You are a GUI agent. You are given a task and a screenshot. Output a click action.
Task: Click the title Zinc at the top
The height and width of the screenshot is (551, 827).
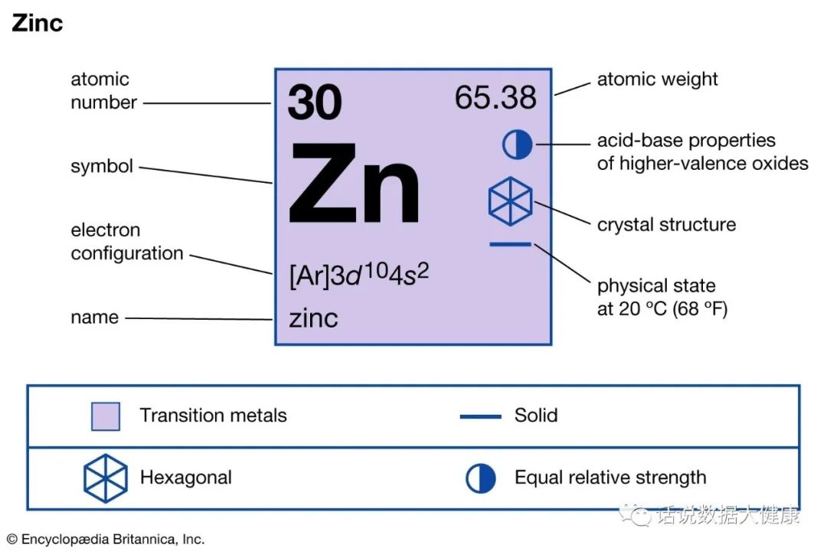[x=37, y=23]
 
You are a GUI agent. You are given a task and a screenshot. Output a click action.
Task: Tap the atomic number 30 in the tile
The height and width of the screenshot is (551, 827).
[x=315, y=103]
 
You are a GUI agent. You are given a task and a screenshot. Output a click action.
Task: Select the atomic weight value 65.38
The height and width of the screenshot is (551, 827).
[x=495, y=98]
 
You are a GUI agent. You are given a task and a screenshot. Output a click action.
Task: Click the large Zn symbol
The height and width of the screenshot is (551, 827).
[x=355, y=183]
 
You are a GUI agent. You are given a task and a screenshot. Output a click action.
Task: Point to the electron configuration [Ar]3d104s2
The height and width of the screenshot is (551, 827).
[x=358, y=275]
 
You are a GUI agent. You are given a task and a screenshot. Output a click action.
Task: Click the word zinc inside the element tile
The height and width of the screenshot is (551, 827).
[x=313, y=318]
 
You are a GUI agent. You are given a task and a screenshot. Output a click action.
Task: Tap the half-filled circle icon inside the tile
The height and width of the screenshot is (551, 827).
[x=517, y=144]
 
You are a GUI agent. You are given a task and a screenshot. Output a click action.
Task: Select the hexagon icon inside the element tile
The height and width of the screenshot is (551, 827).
[x=510, y=201]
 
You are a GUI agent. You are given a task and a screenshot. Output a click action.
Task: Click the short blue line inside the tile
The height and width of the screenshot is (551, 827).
[x=510, y=245]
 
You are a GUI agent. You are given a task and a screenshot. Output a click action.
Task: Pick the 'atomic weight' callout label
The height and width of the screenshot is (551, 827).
[x=657, y=79]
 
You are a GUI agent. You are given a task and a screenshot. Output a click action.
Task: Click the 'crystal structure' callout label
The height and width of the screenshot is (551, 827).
[x=666, y=225]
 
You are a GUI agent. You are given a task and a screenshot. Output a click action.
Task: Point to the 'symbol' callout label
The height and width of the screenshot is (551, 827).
[x=102, y=166]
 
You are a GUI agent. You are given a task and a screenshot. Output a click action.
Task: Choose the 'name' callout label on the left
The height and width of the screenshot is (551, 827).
[x=94, y=317]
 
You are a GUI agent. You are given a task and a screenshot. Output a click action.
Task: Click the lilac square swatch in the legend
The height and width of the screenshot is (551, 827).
[x=105, y=416]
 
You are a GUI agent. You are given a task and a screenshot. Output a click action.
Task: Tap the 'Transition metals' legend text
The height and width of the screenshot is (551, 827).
[x=213, y=416]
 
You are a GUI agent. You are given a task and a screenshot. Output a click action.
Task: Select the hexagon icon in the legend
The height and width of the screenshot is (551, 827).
[x=105, y=478]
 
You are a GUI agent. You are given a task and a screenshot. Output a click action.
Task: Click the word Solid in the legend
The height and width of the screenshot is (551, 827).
[x=535, y=416]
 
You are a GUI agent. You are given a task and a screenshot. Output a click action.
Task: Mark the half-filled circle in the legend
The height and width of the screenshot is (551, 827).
[x=481, y=478]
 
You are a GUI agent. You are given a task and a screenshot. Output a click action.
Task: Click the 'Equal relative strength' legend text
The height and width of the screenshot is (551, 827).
[x=610, y=478]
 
